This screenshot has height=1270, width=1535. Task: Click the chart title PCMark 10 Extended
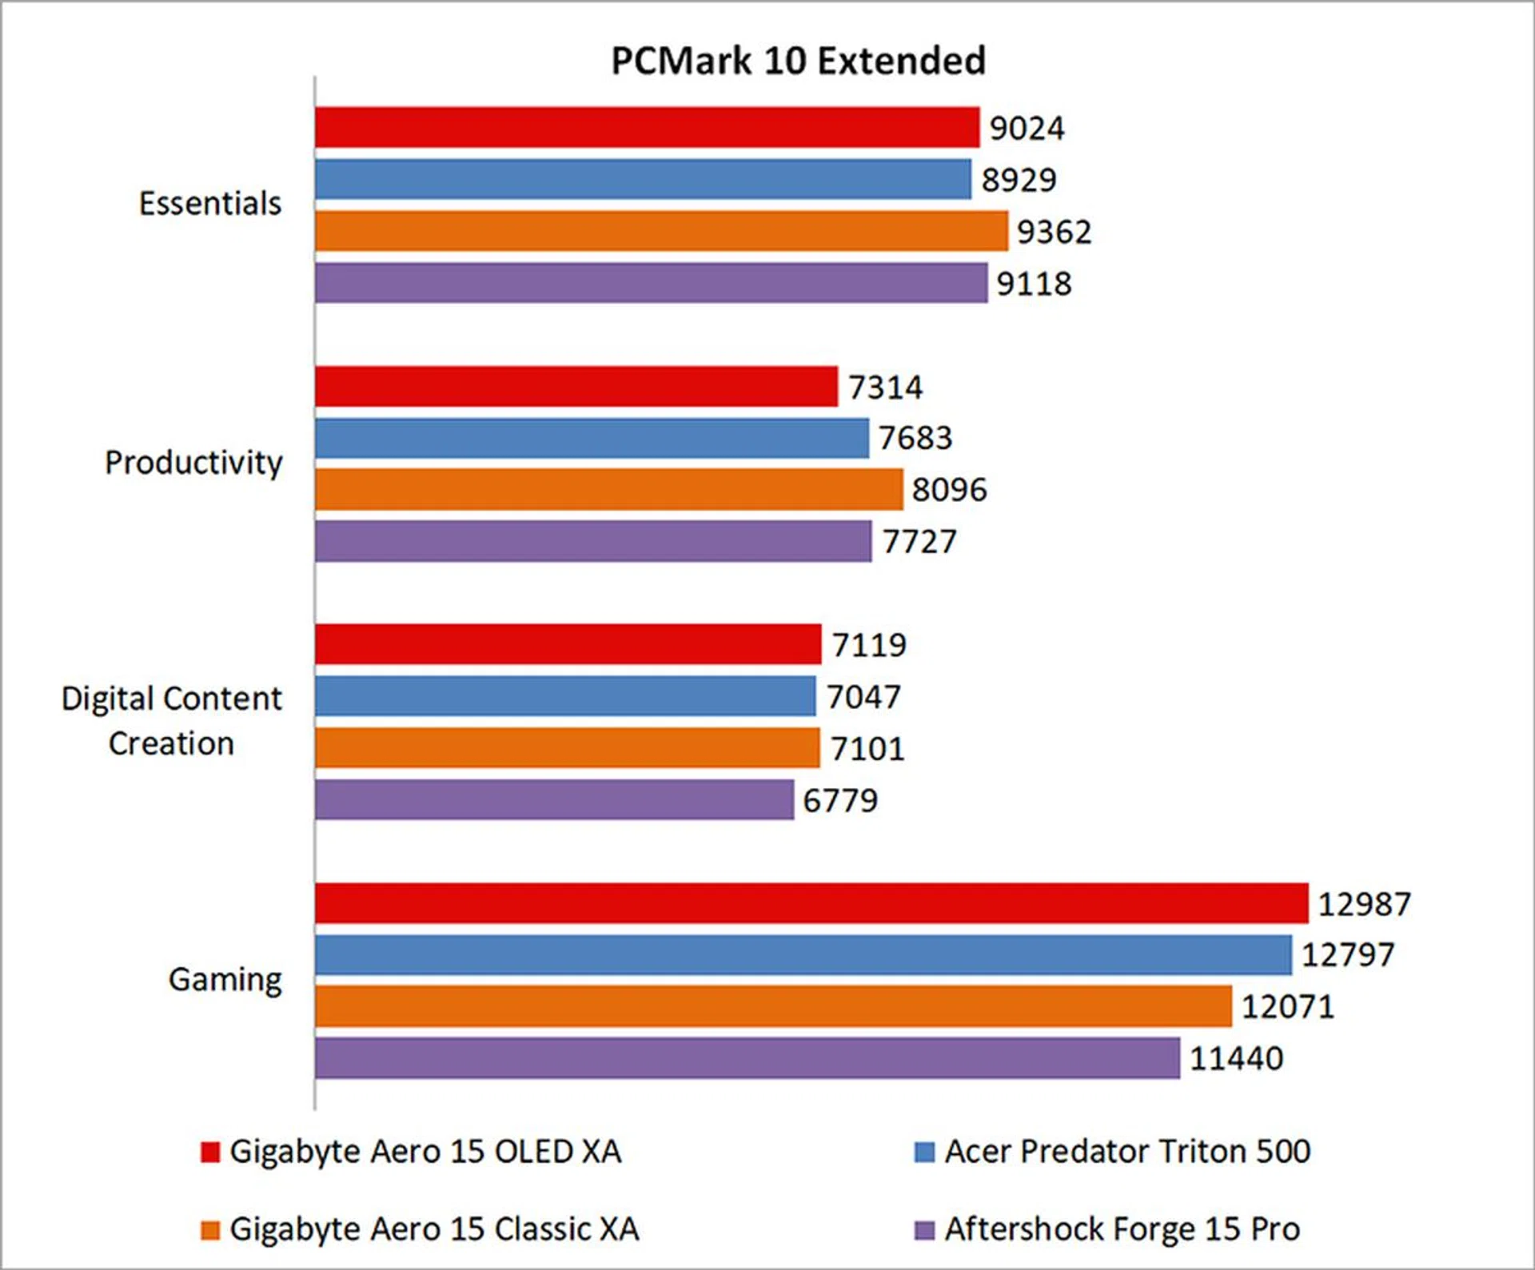pos(798,62)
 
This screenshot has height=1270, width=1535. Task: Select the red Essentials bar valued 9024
pos(647,128)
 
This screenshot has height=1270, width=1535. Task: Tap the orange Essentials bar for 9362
pos(661,231)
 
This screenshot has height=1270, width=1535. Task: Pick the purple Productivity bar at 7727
pos(593,541)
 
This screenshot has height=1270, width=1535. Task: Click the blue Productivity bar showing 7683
pos(592,438)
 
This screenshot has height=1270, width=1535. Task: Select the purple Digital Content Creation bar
pos(554,800)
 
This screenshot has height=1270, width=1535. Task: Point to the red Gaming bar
pos(811,903)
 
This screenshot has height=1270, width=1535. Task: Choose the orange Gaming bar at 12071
pos(773,1006)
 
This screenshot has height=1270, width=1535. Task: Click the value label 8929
pos(1019,180)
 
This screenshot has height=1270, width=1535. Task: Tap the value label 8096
pos(949,490)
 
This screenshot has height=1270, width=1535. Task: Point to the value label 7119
pos(869,645)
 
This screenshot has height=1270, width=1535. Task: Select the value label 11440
pos(1236,1058)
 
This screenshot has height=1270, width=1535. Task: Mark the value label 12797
pos(1348,954)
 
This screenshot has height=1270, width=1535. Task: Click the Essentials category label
pos(210,204)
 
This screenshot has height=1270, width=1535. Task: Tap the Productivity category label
pos(193,463)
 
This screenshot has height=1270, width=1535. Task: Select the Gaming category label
pos(225,980)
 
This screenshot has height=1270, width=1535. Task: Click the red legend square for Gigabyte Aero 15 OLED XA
pos(210,1152)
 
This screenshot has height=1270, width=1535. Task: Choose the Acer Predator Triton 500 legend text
pos(1127,1152)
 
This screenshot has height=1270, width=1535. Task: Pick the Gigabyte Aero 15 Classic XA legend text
pos(434,1229)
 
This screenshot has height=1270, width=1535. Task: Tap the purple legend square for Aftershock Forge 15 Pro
pos(924,1229)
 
